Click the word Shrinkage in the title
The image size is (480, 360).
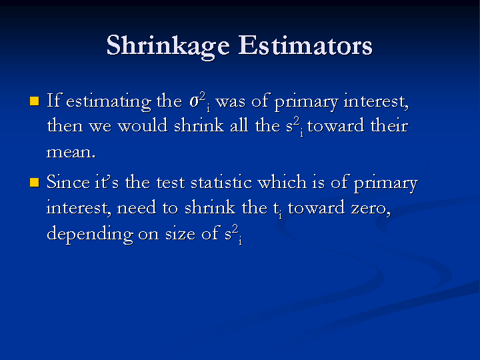pos(168,46)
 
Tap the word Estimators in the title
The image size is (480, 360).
pos(305,45)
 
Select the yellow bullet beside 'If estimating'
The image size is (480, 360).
pos(35,101)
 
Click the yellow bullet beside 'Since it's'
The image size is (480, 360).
pos(35,183)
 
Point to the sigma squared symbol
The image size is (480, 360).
pos(199,101)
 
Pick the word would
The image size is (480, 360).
pos(143,125)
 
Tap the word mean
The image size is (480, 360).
pos(71,152)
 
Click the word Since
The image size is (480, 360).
pos(68,181)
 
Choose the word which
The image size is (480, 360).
pos(282,181)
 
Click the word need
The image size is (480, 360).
pos(137,207)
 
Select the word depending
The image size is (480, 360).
pos(90,234)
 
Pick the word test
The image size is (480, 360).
pos(171,183)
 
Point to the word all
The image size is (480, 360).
pos(239,125)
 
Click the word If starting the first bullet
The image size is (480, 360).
pos(54,100)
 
